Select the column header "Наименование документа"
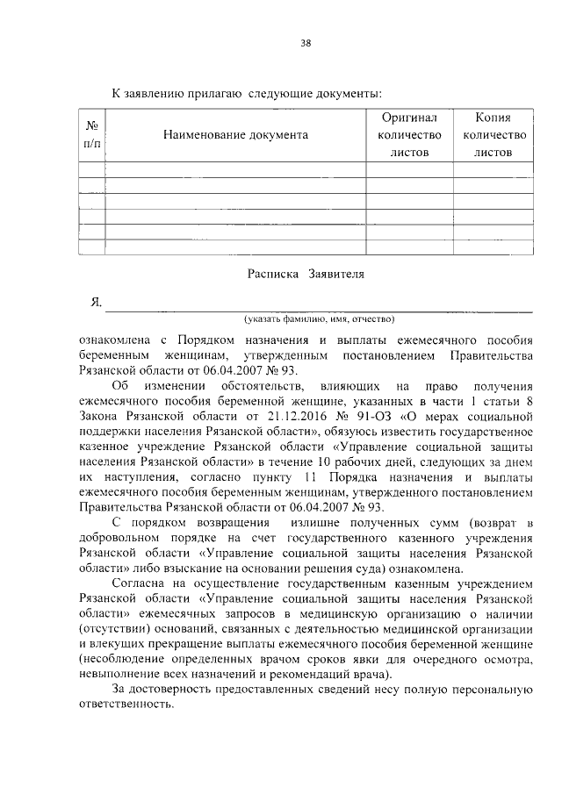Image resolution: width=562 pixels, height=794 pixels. click(234, 135)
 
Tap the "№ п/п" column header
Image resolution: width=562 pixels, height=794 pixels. click(91, 135)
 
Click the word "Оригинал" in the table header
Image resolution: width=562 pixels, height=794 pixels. click(408, 118)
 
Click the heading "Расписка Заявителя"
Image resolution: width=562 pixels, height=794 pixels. click(305, 274)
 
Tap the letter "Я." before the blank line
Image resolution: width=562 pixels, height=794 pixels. click(97, 303)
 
